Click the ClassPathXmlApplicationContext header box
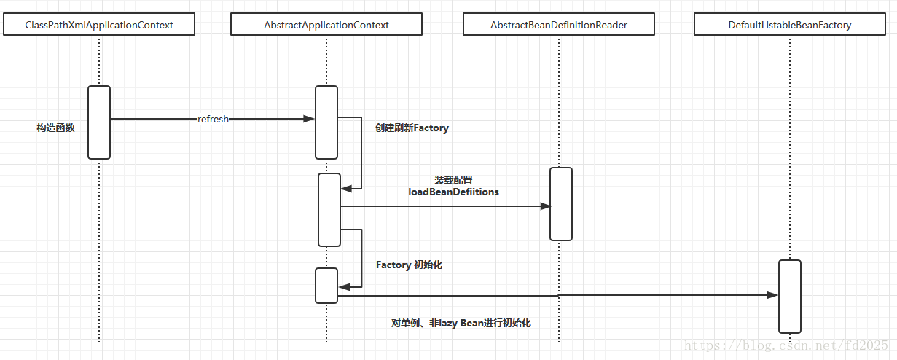tap(99, 25)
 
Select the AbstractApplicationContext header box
tap(326, 25)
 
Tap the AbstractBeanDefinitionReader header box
tap(559, 25)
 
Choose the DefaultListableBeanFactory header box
tap(789, 25)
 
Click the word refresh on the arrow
tap(213, 119)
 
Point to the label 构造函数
tap(55, 128)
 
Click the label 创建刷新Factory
tap(412, 128)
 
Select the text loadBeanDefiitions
tap(453, 192)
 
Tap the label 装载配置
tap(453, 179)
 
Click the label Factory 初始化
tap(409, 265)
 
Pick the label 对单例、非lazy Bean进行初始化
tap(461, 323)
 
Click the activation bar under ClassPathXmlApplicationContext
tap(99, 122)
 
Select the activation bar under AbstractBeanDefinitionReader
tap(560, 204)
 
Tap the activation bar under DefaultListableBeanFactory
tap(789, 297)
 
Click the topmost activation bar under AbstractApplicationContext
tap(326, 122)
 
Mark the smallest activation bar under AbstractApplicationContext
tap(326, 286)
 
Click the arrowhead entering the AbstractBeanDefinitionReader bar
tap(545, 206)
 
